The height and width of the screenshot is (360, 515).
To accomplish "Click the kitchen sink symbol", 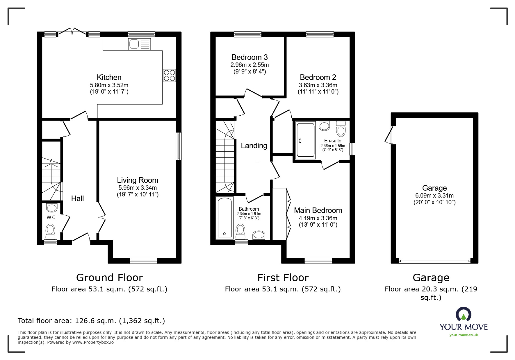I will click(139, 44).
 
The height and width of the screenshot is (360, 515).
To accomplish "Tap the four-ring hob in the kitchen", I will click(169, 75).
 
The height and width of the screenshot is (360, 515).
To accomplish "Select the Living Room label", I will click(138, 180).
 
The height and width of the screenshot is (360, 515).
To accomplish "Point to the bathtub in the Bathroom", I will click(224, 218).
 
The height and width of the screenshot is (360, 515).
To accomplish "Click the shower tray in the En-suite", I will click(305, 140).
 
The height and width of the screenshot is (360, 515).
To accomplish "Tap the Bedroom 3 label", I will click(250, 57).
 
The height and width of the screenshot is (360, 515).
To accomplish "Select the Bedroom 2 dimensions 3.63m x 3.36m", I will click(318, 85).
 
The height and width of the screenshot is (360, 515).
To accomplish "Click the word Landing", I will click(254, 146).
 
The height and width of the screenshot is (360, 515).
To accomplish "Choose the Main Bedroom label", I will click(318, 210).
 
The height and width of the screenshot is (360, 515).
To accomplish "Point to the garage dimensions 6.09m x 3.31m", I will click(434, 196).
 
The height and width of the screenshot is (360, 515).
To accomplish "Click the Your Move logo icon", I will click(463, 315).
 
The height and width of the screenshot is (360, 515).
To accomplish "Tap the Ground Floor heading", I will click(109, 278).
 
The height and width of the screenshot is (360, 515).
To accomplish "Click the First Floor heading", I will click(283, 278).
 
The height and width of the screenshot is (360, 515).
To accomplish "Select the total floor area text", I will click(91, 321).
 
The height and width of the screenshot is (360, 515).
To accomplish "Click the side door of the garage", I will click(389, 135).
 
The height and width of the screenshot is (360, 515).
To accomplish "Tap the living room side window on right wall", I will click(179, 146).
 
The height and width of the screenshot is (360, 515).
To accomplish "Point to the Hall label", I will click(77, 198).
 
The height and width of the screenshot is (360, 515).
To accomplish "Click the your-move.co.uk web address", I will click(464, 335).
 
